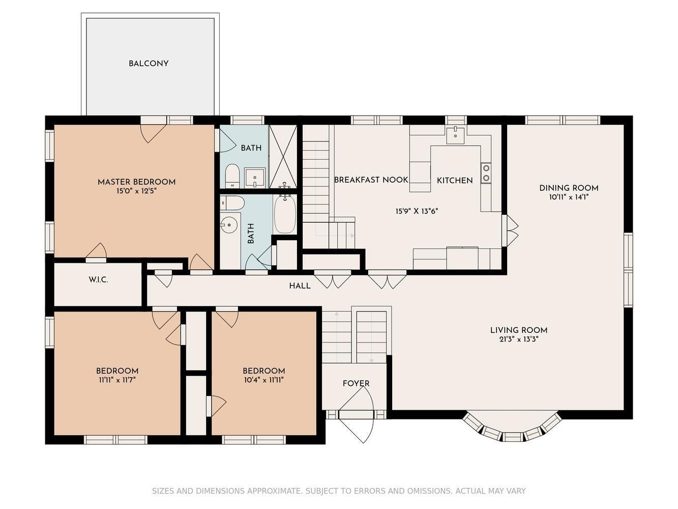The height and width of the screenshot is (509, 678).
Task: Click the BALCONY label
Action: (148, 64)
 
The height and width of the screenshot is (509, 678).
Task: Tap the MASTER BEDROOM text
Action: (136, 182)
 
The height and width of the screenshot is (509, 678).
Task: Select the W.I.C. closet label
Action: (98, 280)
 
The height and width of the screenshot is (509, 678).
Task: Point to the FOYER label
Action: (356, 383)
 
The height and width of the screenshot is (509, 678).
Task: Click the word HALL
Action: (300, 286)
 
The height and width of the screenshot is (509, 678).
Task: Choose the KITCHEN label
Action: (454, 181)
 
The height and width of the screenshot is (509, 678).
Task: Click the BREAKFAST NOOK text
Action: (371, 180)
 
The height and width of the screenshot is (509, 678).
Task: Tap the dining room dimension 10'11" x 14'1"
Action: (569, 197)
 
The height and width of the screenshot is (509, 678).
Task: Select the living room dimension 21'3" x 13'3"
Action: (519, 340)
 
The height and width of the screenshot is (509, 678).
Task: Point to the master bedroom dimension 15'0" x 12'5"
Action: (136, 191)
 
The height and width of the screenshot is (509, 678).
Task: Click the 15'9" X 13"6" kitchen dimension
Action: (417, 211)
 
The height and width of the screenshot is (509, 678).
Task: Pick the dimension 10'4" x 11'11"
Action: (264, 380)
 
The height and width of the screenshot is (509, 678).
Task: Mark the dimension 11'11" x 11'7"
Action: (117, 380)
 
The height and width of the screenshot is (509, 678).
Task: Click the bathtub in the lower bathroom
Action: (285, 214)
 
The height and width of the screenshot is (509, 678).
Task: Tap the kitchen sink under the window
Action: (455, 134)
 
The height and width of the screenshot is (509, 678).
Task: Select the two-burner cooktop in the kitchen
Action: (486, 173)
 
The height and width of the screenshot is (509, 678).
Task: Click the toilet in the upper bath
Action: (232, 176)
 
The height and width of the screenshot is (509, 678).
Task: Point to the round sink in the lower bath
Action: (229, 224)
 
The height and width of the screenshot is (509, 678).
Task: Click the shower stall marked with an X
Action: (283, 156)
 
